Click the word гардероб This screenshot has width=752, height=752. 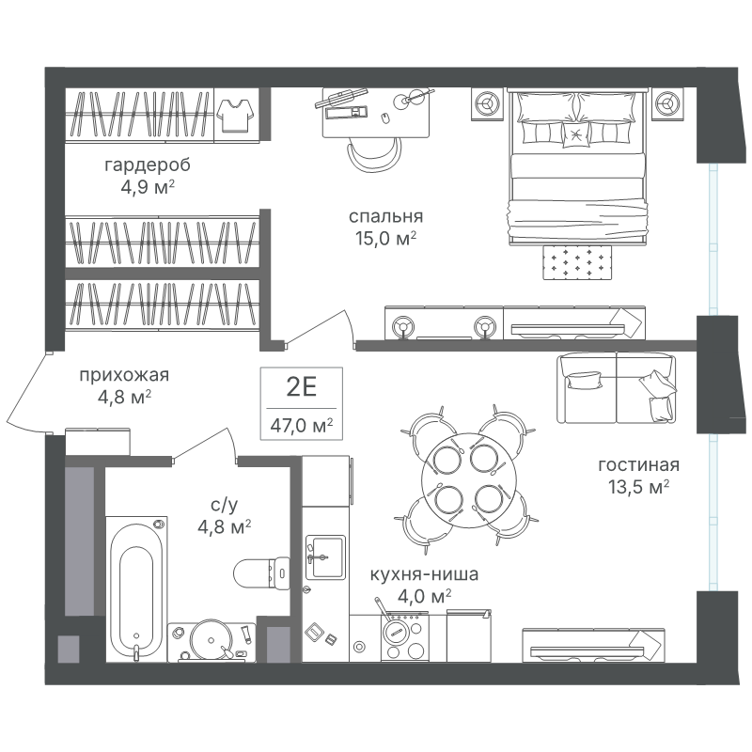148,165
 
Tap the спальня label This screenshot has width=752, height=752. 385,217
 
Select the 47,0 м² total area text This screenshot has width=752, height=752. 302,425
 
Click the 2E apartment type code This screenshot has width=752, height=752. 302,387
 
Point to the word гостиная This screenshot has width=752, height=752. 639,464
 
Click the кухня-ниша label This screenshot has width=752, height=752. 424,574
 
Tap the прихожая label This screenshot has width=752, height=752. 124,375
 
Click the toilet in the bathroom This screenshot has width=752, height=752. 262,572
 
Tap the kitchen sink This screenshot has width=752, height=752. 325,556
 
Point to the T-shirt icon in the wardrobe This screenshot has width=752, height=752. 235,115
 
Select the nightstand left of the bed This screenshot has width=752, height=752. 487,104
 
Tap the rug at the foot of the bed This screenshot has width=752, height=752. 577,262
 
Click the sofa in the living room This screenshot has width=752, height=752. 617,388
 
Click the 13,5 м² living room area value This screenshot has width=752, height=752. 639,487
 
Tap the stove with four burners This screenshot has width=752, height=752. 404,637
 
